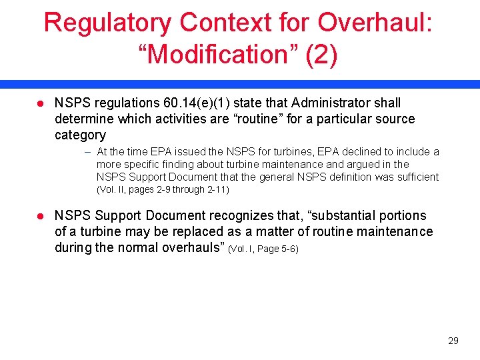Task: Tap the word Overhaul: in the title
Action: (x=375, y=23)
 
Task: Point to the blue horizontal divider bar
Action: (x=240, y=85)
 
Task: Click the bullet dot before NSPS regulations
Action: (x=40, y=103)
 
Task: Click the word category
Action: (x=80, y=135)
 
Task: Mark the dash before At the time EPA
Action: (x=88, y=152)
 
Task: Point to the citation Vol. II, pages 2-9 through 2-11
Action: (x=163, y=190)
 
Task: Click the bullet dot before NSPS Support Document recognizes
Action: (x=40, y=216)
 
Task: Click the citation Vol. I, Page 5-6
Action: (x=263, y=249)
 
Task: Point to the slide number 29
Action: (x=453, y=341)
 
